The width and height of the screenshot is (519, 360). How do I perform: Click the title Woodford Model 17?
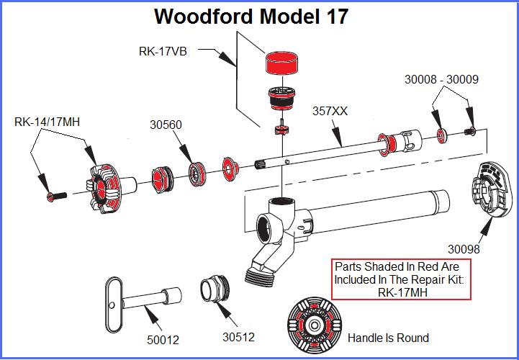pos(252,17)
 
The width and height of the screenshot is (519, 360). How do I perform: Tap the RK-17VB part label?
pos(165,51)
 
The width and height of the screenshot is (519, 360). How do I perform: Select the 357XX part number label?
pos(330,112)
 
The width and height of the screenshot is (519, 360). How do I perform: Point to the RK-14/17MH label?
pos(47,122)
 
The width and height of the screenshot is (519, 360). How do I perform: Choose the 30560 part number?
pos(166,124)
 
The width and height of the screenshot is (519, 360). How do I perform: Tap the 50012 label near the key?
pos(163,339)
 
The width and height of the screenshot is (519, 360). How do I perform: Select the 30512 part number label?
pos(238,336)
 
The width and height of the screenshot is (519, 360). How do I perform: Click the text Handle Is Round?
pos(388,338)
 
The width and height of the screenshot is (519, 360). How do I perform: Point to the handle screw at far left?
pos(55,195)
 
